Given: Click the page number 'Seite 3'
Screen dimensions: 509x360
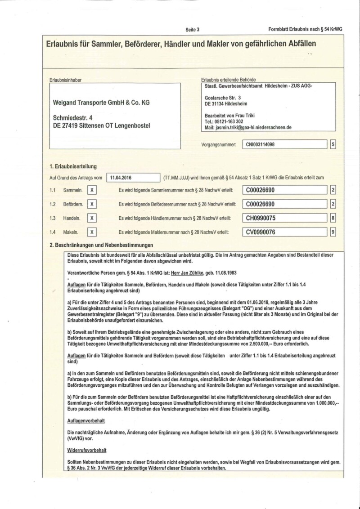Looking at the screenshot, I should tap(192, 29).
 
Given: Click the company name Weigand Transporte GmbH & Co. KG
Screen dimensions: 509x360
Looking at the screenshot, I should tap(102, 103).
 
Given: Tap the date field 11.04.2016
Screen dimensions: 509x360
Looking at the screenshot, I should tap(133, 178).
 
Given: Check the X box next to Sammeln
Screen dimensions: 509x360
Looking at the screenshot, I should tap(91, 190).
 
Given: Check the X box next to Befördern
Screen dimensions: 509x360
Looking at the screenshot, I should tap(91, 204).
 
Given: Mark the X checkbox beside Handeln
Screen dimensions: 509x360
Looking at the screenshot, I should tap(91, 218).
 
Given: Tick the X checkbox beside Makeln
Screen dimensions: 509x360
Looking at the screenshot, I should tap(91, 232).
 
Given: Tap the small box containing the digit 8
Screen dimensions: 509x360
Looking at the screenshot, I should tap(333, 218).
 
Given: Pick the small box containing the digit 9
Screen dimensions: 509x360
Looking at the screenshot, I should tap(333, 232).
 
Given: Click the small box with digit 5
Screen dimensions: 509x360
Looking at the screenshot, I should tap(333, 145).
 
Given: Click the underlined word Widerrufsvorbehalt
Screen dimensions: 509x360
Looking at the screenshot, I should tap(86, 449).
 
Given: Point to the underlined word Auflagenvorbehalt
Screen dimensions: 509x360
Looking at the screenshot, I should tap(85, 421).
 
